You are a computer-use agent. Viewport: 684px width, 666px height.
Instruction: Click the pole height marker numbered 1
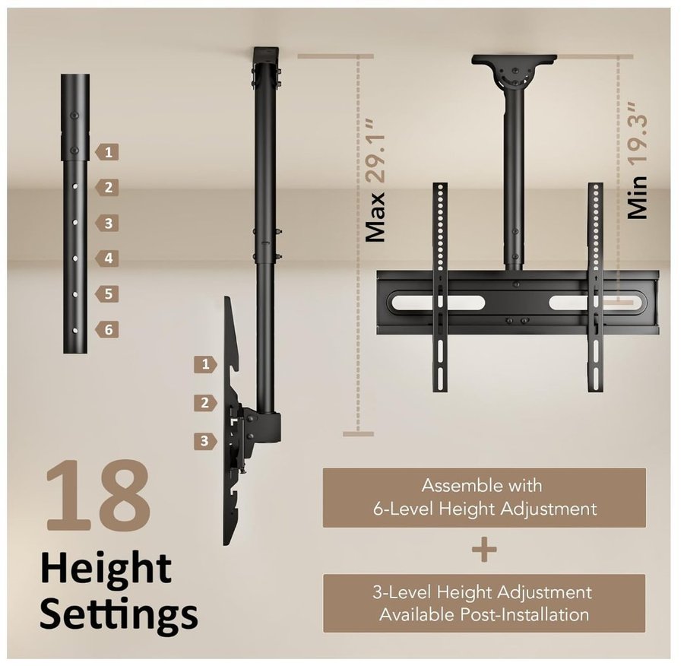(107, 152)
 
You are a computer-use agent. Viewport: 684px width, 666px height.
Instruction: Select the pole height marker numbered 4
(107, 258)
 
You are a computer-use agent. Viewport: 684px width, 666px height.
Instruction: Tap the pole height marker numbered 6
(107, 329)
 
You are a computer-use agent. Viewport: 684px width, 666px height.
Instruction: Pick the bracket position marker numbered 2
(205, 403)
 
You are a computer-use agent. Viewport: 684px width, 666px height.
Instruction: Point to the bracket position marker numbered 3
(205, 441)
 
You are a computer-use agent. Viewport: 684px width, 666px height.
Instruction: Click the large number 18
(99, 496)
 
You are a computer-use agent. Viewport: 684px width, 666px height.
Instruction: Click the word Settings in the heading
(119, 614)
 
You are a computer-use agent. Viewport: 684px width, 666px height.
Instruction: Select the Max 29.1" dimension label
(375, 180)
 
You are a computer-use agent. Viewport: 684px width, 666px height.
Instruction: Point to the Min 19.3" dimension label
(638, 160)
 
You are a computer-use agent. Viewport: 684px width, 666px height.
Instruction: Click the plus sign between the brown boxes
(484, 550)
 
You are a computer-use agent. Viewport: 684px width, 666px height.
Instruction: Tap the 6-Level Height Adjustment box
(484, 497)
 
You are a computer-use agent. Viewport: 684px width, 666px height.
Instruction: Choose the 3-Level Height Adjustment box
(484, 603)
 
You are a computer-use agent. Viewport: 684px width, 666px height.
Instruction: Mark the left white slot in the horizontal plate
(436, 303)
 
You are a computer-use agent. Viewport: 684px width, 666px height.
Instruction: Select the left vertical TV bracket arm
(440, 287)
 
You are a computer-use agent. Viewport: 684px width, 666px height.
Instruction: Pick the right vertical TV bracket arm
(595, 287)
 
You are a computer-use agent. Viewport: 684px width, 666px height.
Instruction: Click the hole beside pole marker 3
(75, 223)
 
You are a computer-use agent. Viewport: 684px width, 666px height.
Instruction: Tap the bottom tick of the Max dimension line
(358, 434)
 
